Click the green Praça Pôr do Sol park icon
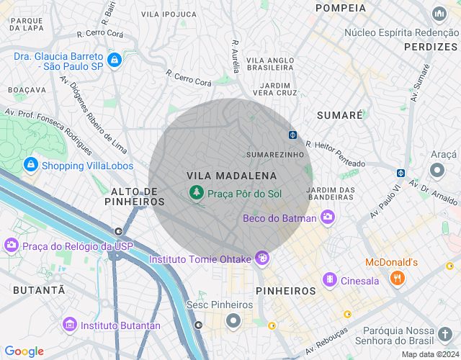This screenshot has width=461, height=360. point(195,192)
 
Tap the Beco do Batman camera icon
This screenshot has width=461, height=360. point(328,217)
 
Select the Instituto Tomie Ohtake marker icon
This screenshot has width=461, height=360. point(264,257)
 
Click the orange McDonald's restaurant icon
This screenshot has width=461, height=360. point(396,277)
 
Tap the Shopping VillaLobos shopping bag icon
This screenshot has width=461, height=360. point(30,165)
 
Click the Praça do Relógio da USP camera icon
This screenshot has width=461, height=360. point(12,246)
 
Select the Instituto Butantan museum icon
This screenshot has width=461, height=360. point(69,325)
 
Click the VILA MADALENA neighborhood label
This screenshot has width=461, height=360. point(231,176)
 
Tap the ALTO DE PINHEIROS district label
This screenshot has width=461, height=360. point(134,197)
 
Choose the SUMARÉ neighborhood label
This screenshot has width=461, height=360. point(340,115)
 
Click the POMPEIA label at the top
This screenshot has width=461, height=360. point(341,8)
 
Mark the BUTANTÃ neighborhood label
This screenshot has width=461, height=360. point(38,289)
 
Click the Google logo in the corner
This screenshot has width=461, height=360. point(24,351)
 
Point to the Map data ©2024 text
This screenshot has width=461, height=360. point(429,354)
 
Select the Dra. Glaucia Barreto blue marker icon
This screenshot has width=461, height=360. point(113,60)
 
